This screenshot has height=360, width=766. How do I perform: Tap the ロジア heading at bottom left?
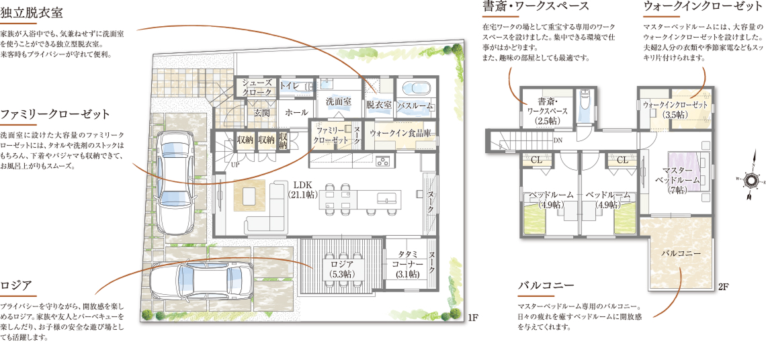pyautogui.click(x=16, y=284)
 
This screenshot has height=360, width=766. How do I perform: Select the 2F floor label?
pyautogui.click(x=724, y=287)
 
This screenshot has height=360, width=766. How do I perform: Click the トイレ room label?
pyautogui.click(x=289, y=85)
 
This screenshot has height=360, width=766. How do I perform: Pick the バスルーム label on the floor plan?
pyautogui.click(x=415, y=105)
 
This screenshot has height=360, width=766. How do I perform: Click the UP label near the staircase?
pyautogui.click(x=235, y=165)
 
